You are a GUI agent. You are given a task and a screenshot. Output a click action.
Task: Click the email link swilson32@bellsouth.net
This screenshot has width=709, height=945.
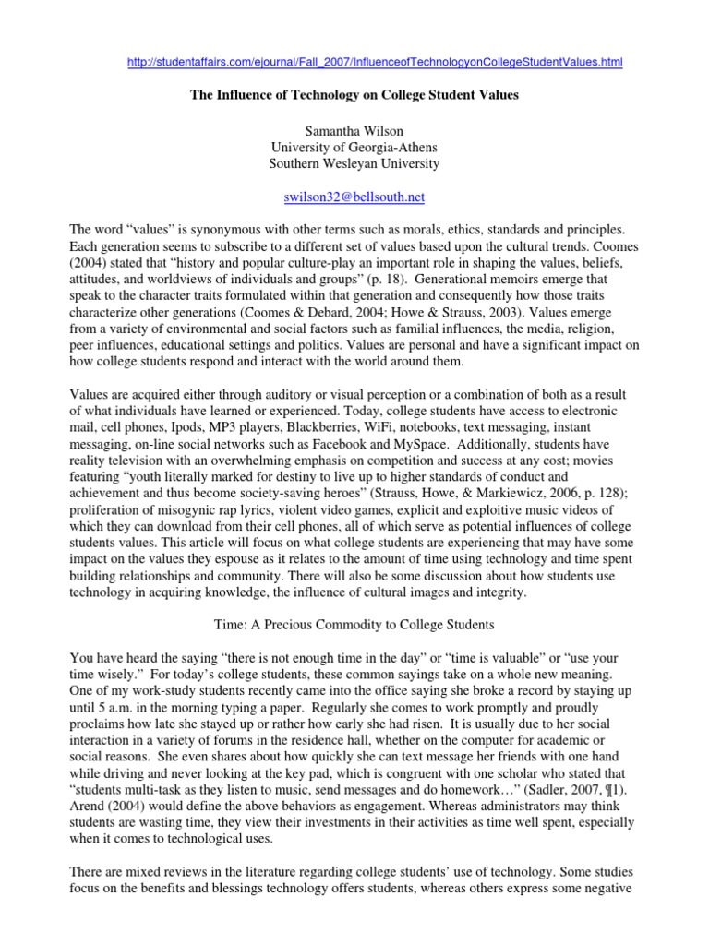(x=354, y=197)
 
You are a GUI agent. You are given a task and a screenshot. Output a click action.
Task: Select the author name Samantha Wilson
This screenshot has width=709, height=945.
(x=354, y=130)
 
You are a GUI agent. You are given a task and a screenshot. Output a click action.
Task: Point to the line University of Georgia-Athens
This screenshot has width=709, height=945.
(x=354, y=147)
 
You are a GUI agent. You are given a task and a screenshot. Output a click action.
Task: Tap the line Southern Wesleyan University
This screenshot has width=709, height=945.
(x=354, y=164)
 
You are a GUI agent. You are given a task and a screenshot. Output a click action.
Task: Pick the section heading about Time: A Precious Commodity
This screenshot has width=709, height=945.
(x=354, y=625)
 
